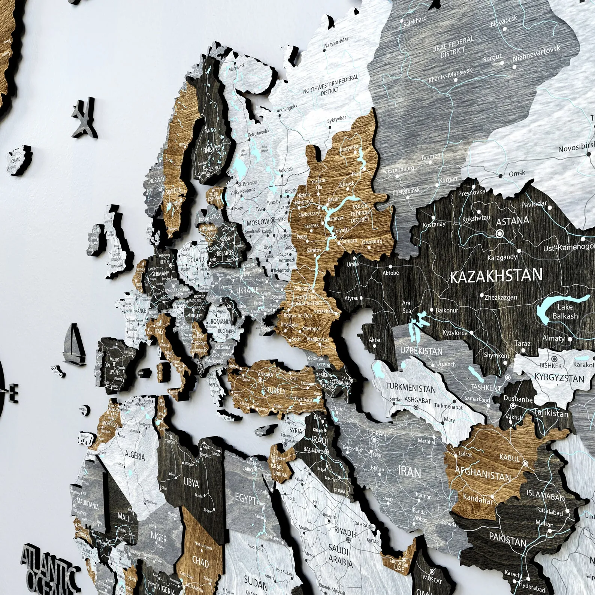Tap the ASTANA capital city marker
[x=499, y=233]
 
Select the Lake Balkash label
[x=565, y=311]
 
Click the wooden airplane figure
[x=85, y=119]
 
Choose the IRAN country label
[x=410, y=471]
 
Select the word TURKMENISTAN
[x=411, y=388]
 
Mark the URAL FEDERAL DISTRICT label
[x=453, y=46]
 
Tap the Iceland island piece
[x=17, y=160]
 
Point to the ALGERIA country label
[x=135, y=456]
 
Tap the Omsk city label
[x=517, y=173]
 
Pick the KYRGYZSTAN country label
[x=559, y=378]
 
